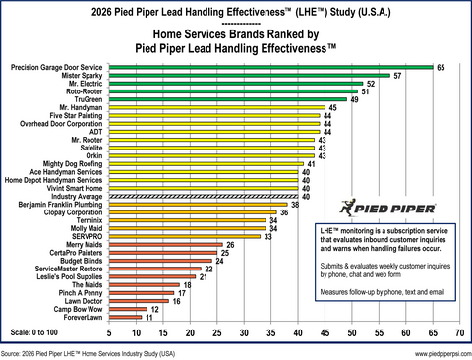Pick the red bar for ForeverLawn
(128, 318)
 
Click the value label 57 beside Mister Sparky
(397, 76)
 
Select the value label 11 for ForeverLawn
(148, 318)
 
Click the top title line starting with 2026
(235, 11)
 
